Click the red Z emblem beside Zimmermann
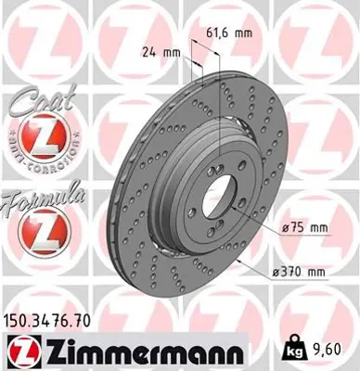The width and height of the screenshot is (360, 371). point(21,352)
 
